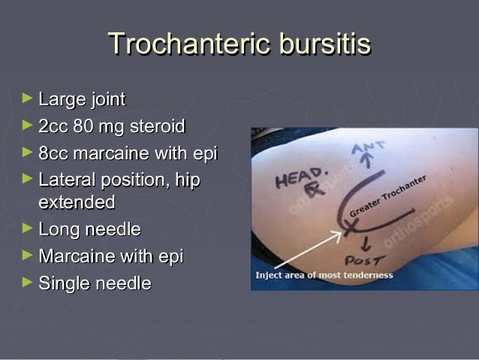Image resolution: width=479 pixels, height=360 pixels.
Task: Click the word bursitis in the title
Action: [x=324, y=45]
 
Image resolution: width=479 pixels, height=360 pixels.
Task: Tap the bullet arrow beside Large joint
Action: [x=28, y=98]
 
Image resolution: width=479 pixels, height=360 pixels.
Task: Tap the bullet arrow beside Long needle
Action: [x=28, y=227]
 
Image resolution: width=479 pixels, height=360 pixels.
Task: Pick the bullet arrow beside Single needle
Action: [x=28, y=282]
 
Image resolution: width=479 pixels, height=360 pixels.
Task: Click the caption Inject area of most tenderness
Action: [x=324, y=276]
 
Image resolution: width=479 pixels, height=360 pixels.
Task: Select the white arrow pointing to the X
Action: [x=312, y=250]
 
